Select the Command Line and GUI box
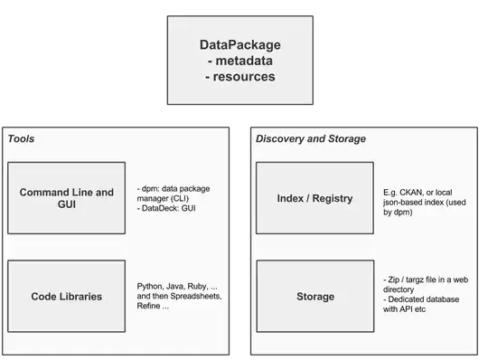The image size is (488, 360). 66,198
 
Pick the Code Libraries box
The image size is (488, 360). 66,296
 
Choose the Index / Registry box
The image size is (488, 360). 314,198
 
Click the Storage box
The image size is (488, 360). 314,296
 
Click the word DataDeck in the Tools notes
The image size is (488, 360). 161,210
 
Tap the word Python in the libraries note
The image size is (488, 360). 150,285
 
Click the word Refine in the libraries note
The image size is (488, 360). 149,307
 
